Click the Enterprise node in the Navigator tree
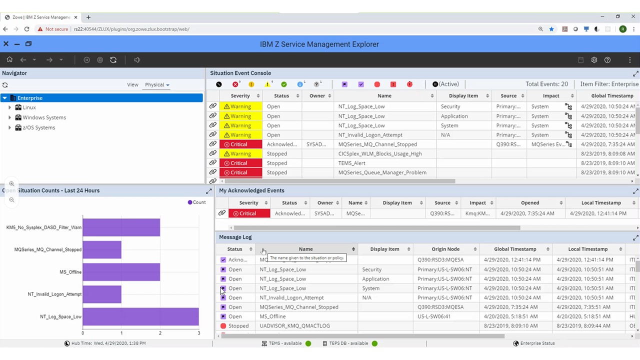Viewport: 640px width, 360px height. point(30,98)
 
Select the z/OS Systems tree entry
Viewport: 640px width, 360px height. point(38,127)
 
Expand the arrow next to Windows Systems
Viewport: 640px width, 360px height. point(9,117)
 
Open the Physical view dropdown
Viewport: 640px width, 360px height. point(157,84)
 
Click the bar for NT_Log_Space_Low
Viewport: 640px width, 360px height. point(140,316)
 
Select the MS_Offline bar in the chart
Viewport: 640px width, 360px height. point(121,272)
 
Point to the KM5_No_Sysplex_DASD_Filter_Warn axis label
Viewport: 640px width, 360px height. point(43,227)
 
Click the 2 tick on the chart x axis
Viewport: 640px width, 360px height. point(160,333)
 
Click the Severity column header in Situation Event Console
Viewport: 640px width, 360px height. point(240,96)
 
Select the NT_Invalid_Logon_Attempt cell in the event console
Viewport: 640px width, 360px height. point(370,135)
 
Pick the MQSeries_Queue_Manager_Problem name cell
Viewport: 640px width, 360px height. point(382,172)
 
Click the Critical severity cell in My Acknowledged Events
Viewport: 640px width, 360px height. point(248,213)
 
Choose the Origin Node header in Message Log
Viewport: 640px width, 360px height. point(445,249)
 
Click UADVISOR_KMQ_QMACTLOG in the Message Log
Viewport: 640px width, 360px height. point(294,326)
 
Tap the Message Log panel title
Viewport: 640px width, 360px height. point(235,237)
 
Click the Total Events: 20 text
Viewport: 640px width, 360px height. point(546,84)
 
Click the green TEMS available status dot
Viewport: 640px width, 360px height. point(308,343)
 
